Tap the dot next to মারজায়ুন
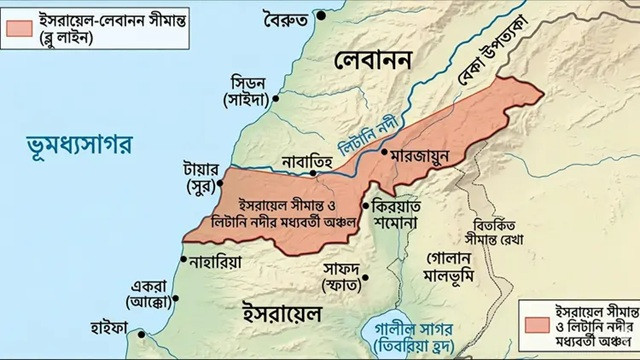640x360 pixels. (x=384, y=155)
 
